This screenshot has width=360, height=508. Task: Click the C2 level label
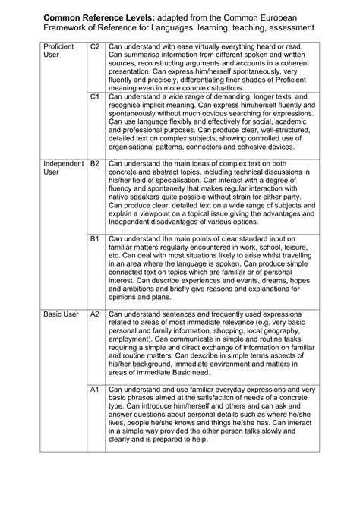(x=95, y=47)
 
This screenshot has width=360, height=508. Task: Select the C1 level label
(x=95, y=98)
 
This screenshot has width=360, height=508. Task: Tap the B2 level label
(x=95, y=164)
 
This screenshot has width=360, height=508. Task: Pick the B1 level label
(x=95, y=239)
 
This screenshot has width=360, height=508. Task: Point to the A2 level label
(x=95, y=314)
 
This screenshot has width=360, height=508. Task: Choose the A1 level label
(x=95, y=389)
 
